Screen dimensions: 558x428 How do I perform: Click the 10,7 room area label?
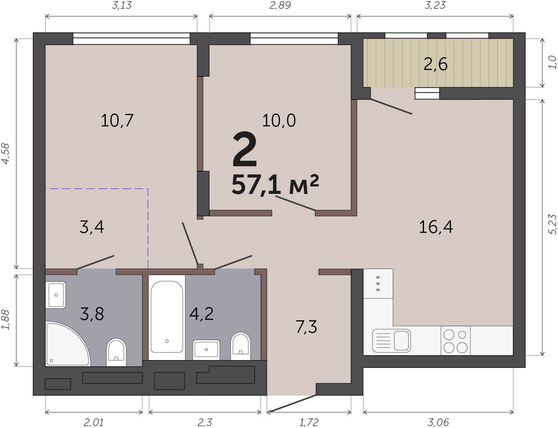(117, 121)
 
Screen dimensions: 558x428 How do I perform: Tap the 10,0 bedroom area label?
(279, 120)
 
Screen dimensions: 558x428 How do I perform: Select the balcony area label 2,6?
(436, 64)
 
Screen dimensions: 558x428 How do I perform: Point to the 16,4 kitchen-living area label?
(436, 227)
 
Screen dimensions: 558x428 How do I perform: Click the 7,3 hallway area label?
(306, 327)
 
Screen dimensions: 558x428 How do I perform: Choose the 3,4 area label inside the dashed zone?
(92, 227)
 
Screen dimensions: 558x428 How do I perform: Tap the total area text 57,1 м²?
(275, 184)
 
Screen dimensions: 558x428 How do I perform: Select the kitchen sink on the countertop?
(391, 341)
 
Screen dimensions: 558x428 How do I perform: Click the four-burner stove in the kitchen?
(456, 341)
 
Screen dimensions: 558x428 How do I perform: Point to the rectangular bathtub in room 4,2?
(167, 317)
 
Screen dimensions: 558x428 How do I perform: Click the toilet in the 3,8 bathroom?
(116, 352)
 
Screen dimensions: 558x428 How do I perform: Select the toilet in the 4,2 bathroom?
(240, 346)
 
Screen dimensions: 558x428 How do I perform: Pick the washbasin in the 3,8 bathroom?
(56, 295)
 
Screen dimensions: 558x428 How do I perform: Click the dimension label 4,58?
(6, 153)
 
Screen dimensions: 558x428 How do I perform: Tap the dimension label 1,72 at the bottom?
(309, 422)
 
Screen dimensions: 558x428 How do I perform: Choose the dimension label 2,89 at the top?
(280, 5)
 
